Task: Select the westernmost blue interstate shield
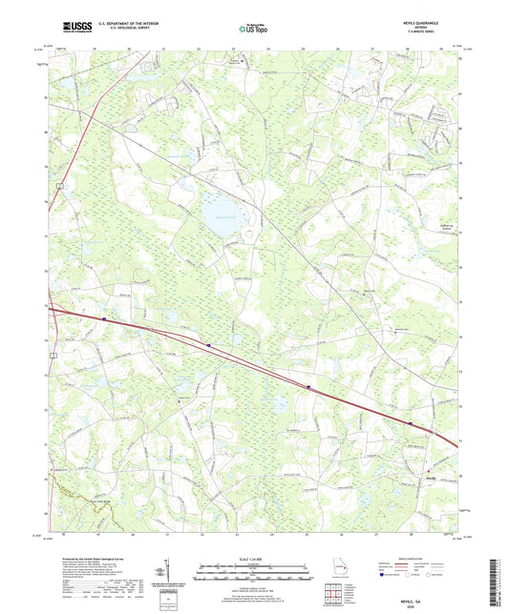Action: click(103, 319)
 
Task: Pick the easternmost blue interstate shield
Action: click(411, 423)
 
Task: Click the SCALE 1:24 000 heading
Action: click(253, 560)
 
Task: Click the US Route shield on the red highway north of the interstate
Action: click(58, 185)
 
